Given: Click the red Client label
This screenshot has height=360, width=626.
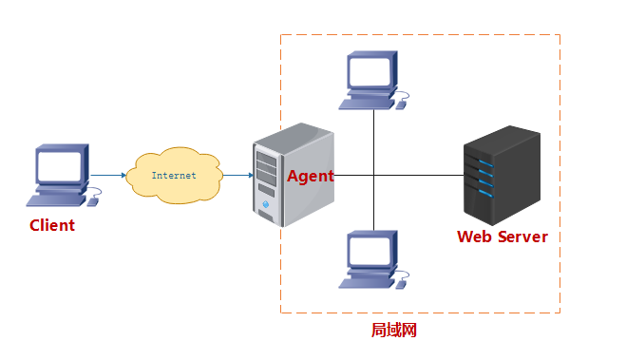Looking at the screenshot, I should click(x=52, y=225).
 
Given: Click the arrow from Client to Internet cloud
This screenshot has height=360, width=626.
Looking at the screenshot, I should click(x=108, y=175).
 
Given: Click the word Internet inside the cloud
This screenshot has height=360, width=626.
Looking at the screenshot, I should click(x=174, y=175).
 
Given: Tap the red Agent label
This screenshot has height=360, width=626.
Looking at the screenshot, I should click(x=311, y=176).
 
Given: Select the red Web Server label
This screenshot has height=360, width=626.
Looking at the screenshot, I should click(x=503, y=237).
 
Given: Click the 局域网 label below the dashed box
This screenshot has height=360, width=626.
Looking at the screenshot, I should click(x=393, y=331).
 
